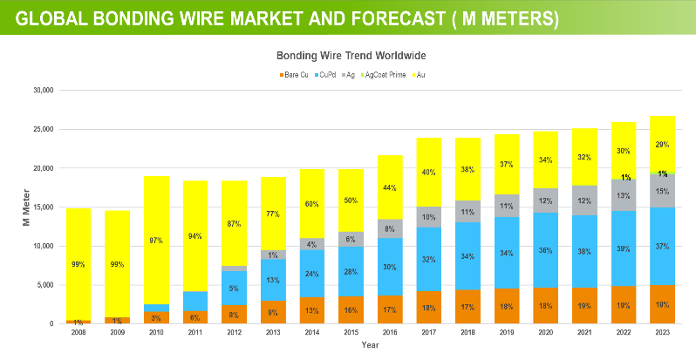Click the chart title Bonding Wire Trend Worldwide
pos(351,55)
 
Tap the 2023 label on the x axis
pos(662,333)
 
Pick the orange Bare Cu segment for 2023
pos(662,304)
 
